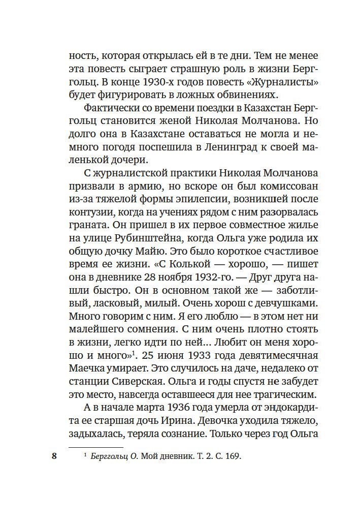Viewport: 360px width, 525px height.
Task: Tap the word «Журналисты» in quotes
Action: tap(264, 82)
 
